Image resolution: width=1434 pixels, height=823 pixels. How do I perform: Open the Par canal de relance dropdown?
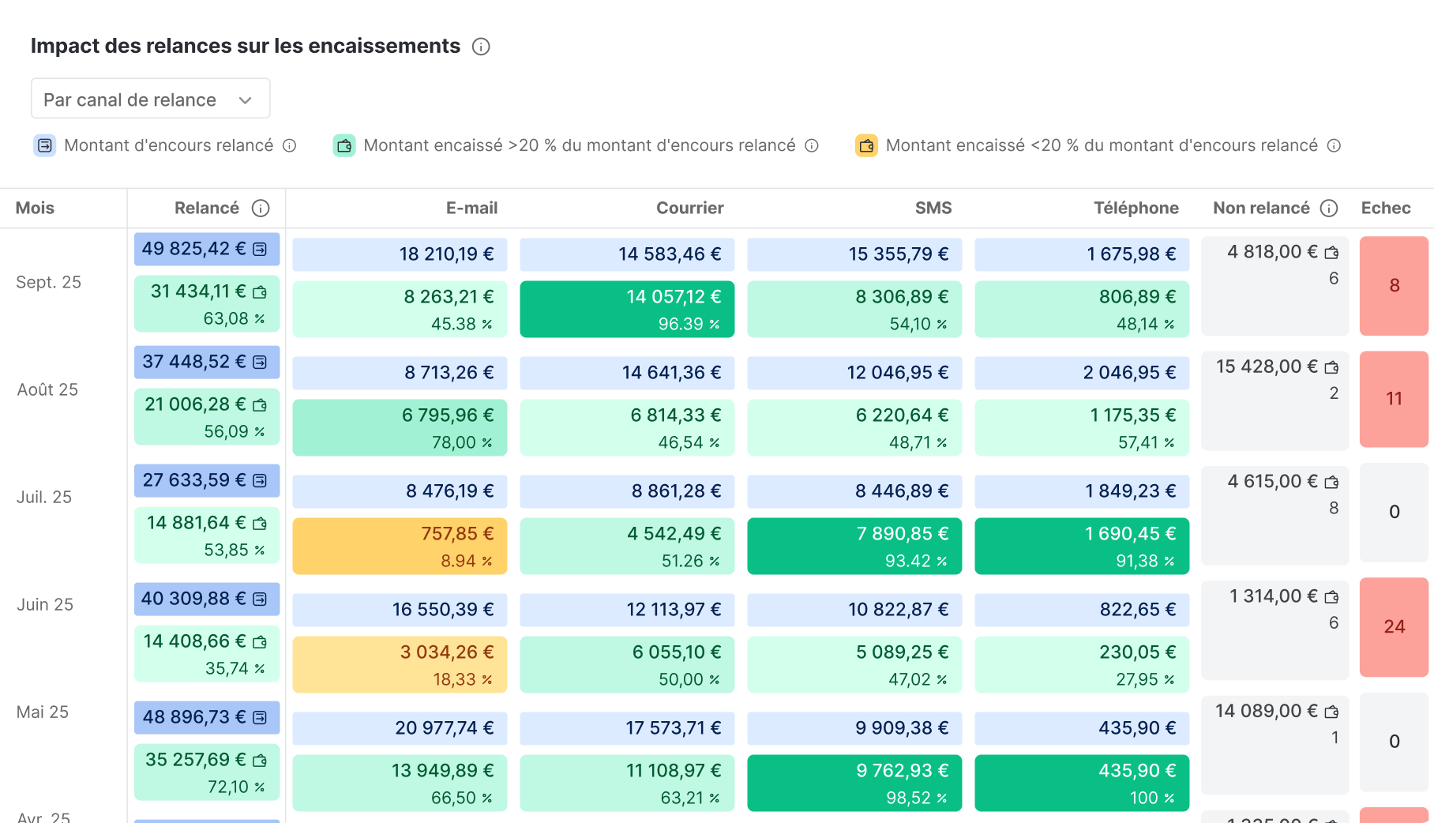(150, 100)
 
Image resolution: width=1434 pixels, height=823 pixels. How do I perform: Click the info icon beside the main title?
(481, 47)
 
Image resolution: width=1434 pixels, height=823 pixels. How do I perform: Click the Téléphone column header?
(1136, 208)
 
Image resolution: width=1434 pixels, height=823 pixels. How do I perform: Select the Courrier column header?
(689, 208)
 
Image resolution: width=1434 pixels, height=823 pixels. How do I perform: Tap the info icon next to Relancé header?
(261, 209)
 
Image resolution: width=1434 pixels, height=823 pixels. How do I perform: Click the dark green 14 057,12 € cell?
(627, 309)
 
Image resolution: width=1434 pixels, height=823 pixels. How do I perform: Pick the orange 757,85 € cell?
(400, 546)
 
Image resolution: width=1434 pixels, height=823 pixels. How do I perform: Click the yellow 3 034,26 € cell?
(400, 664)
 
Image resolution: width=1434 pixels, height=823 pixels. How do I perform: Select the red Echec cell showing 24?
(1394, 626)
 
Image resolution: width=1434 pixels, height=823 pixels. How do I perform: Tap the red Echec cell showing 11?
(1394, 399)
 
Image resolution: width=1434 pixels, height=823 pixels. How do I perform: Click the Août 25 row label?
(47, 389)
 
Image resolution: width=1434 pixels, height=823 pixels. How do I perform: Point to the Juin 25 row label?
(45, 604)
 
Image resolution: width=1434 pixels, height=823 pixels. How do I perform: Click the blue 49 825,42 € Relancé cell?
(206, 249)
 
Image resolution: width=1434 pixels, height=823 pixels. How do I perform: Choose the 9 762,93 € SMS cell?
(854, 783)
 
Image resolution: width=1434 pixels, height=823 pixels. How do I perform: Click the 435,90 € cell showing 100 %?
(1082, 783)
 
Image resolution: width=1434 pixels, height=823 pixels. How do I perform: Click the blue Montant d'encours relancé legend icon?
(45, 145)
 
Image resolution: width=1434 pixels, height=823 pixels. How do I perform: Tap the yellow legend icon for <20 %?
(866, 145)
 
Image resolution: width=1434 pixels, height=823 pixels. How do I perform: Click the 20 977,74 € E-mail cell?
(400, 727)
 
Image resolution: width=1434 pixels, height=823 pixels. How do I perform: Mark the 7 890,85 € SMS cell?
(854, 546)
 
